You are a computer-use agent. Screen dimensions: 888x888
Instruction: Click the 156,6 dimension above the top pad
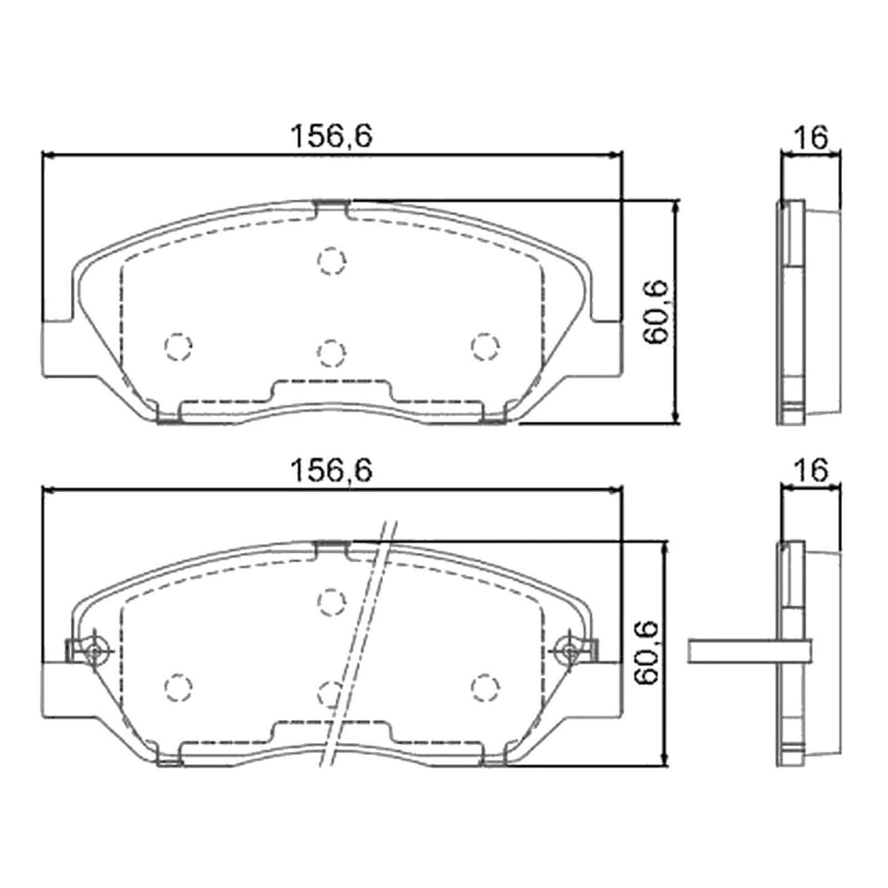331,136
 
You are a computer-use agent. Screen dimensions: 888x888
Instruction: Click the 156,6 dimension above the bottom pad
331,471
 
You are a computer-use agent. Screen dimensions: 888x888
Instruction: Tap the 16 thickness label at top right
811,137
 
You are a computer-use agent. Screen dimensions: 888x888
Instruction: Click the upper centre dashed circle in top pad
332,260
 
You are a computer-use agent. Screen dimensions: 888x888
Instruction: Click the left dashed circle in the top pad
178,346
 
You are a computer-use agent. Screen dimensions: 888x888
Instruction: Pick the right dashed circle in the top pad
485,346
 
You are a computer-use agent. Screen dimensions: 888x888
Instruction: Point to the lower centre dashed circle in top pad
331,352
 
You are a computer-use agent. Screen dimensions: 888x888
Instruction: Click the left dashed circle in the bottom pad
178,687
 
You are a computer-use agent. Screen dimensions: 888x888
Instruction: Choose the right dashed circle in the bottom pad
485,687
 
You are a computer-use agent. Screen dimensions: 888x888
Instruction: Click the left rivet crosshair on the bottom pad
94,650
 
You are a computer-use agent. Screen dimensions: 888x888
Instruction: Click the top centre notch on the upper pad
331,208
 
